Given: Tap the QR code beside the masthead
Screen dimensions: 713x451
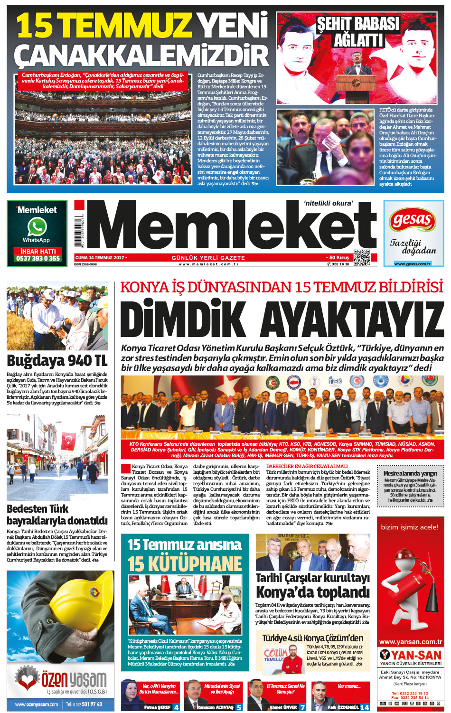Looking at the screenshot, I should (362, 257).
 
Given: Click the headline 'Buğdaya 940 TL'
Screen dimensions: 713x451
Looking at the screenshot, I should (57, 361).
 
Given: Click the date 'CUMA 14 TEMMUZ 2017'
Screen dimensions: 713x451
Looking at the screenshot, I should (100, 258).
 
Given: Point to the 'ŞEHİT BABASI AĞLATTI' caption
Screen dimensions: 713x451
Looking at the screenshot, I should (358, 31).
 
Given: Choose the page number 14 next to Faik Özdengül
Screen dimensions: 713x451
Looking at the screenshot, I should (365, 707).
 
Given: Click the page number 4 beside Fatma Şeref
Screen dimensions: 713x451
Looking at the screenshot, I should (177, 707).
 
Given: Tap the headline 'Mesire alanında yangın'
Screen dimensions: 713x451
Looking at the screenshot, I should (410, 473).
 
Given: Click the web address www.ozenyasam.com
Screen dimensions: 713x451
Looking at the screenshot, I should (37, 704).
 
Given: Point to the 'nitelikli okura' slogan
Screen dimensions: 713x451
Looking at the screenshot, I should (329, 203).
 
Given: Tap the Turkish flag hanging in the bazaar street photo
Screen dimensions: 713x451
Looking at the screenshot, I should (69, 440).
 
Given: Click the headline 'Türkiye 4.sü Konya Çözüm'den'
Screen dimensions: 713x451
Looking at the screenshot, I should (313, 638).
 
